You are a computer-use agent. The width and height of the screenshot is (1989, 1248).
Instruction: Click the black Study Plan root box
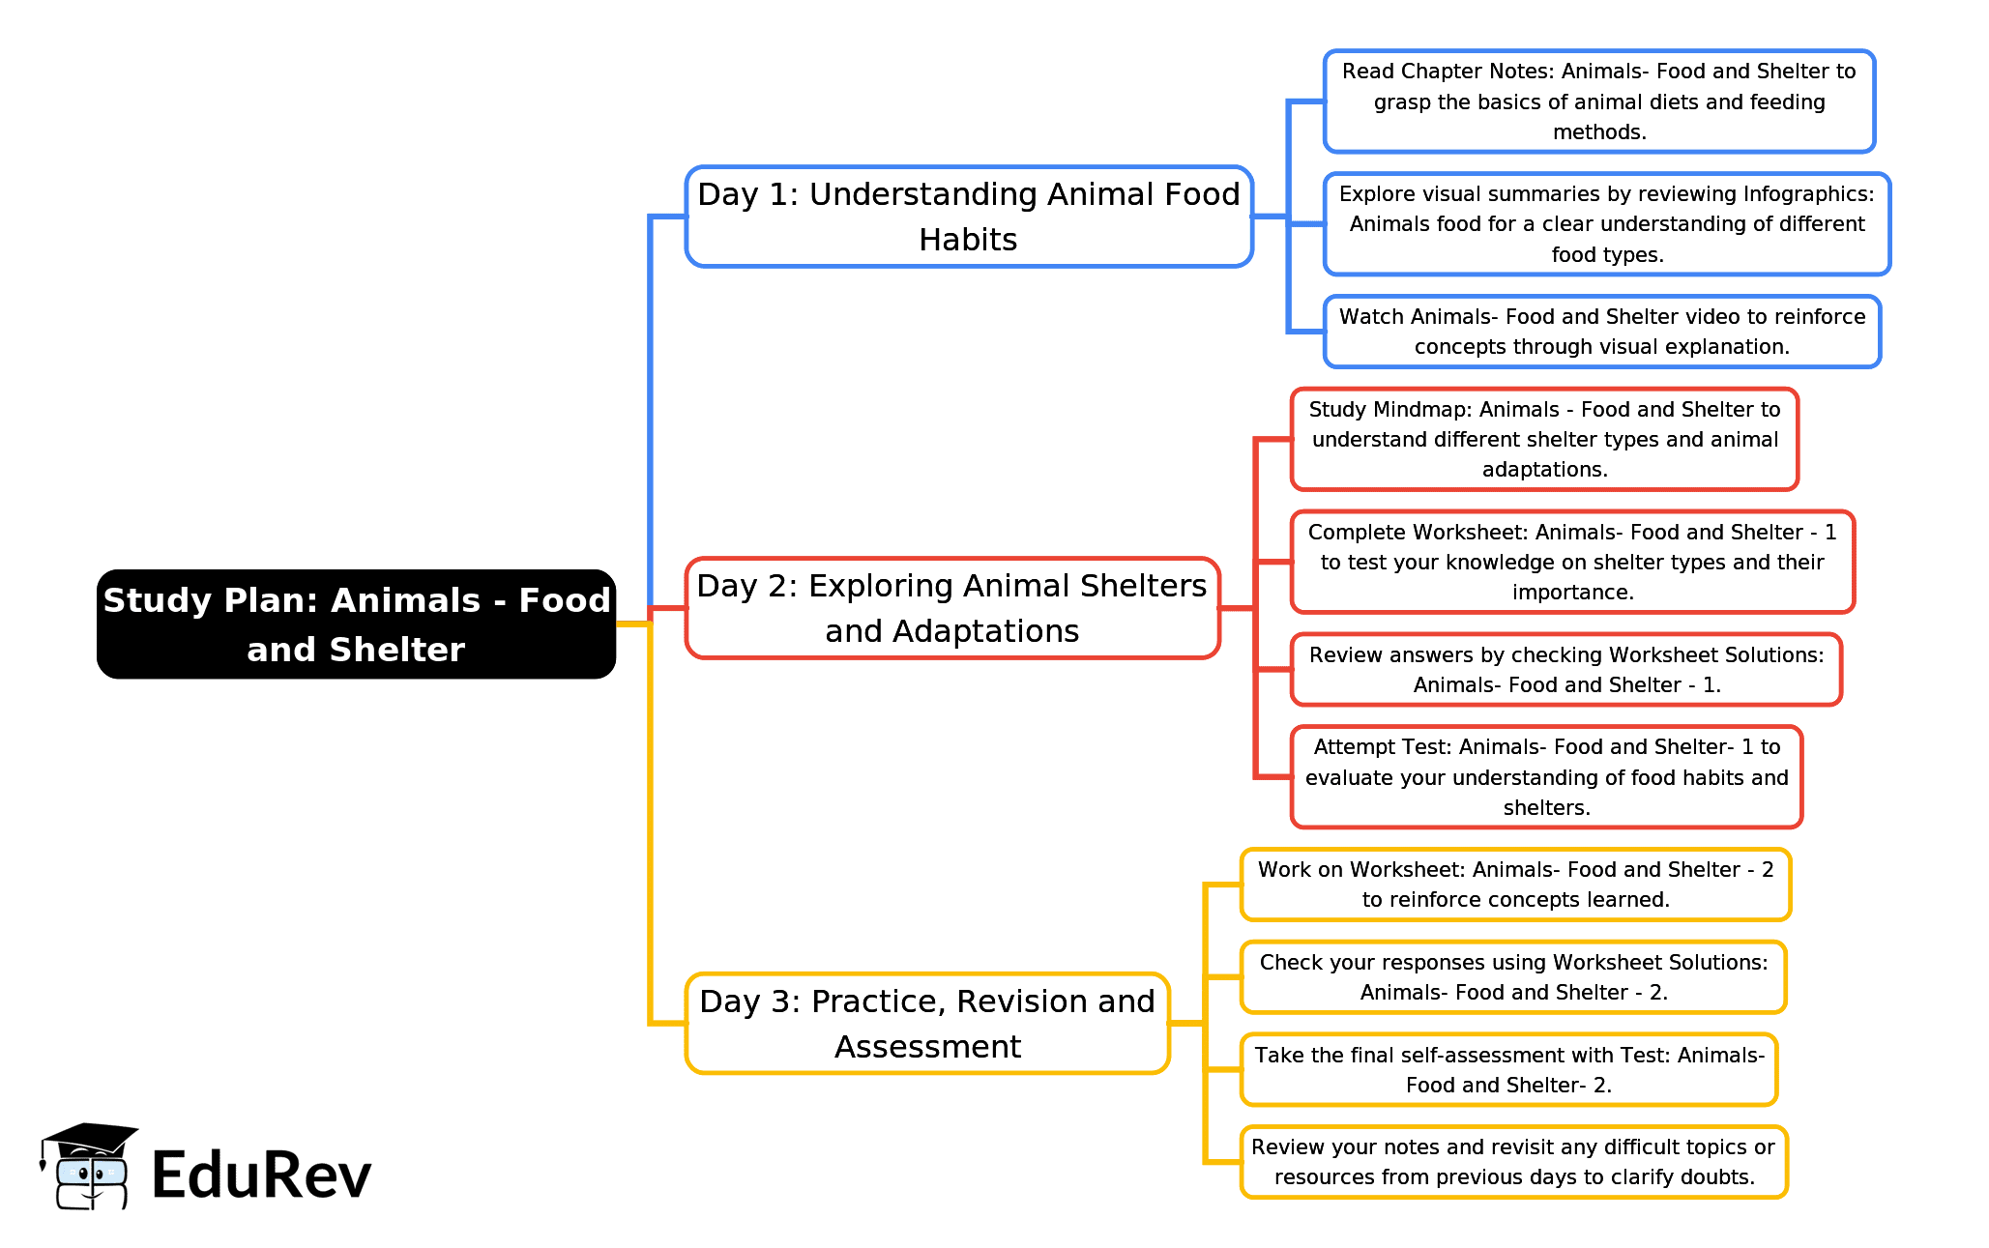[x=356, y=624]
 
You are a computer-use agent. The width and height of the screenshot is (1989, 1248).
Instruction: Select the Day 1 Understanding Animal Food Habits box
[x=969, y=217]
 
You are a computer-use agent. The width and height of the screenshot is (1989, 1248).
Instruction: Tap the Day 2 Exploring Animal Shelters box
[x=952, y=608]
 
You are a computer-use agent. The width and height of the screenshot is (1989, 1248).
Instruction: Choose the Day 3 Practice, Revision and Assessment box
[x=927, y=1023]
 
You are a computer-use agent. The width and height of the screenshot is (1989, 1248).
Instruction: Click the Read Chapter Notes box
[x=1599, y=102]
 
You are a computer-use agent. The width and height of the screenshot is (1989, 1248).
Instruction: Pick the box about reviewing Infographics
[x=1607, y=224]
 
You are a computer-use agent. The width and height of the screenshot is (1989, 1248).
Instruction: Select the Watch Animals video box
[x=1602, y=332]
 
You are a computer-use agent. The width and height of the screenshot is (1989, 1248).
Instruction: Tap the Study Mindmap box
[x=1544, y=440]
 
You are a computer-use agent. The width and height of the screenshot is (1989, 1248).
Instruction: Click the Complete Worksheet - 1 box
[x=1572, y=562]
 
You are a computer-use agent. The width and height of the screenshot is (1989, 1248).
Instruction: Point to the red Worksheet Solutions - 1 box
[x=1566, y=670]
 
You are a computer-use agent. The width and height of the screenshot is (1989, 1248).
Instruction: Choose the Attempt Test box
[x=1546, y=777]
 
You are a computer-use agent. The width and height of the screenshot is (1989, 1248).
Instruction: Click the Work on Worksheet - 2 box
[x=1515, y=885]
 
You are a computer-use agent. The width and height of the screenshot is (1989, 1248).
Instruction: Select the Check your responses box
[x=1513, y=977]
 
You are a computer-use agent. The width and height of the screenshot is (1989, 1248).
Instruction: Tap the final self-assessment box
[x=1508, y=1070]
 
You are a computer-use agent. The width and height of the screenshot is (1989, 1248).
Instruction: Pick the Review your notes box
[x=1513, y=1162]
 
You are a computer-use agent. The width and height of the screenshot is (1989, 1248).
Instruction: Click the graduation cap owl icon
[x=89, y=1166]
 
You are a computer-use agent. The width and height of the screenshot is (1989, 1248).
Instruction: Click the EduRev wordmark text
[x=261, y=1175]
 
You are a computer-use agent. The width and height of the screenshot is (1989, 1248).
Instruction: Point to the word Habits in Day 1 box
[x=968, y=240]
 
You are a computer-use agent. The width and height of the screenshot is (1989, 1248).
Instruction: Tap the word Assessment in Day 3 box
[x=927, y=1047]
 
